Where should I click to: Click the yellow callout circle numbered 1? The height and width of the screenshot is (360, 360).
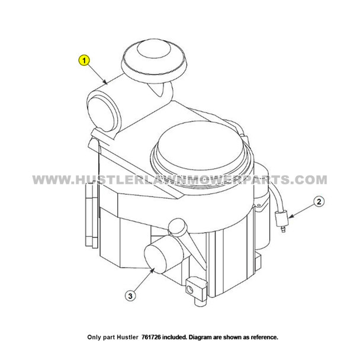click(85, 60)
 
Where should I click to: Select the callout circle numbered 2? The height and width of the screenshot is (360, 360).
click(318, 202)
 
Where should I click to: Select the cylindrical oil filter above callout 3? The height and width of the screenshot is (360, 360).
click(161, 258)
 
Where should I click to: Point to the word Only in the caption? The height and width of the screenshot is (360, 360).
click(98, 337)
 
